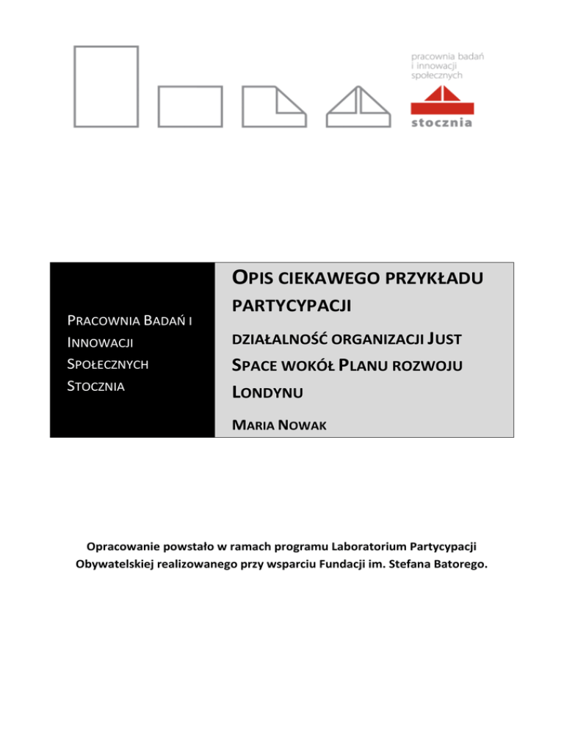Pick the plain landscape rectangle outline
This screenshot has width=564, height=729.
[x=189, y=107]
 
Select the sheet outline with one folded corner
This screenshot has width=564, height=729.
[x=274, y=107]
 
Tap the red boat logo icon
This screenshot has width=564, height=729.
[x=441, y=99]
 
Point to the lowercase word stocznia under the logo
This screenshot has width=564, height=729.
[x=441, y=122]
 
